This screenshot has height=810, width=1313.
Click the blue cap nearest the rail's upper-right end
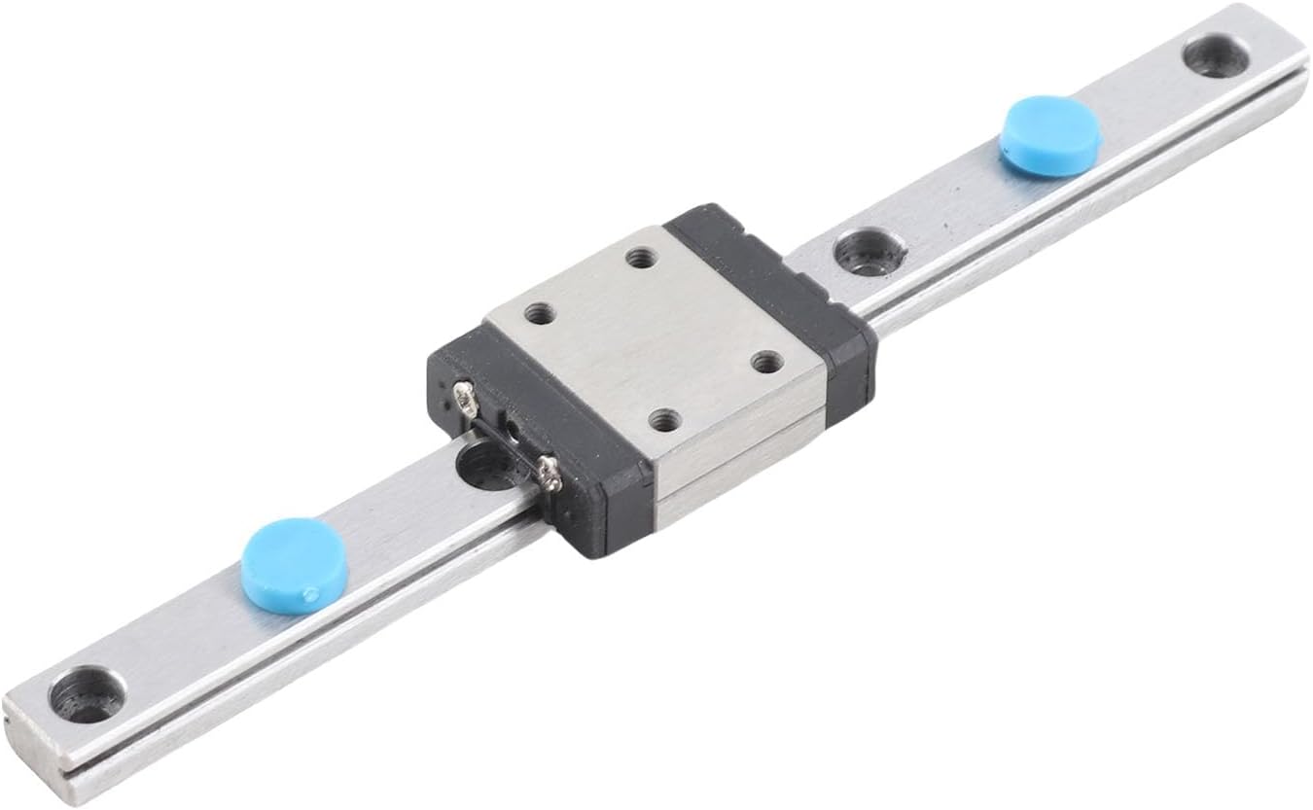(x=1050, y=135)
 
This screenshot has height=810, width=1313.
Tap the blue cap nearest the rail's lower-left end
(x=294, y=565)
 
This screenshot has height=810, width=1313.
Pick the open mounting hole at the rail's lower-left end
(x=87, y=694)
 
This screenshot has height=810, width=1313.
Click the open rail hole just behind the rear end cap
(x=869, y=252)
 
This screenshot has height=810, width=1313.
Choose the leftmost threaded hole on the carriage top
(x=539, y=314)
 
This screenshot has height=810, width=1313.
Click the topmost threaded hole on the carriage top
(x=640, y=258)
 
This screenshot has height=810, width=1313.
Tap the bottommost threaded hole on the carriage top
(x=664, y=421)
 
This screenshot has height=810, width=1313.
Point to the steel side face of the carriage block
(x=739, y=457)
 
